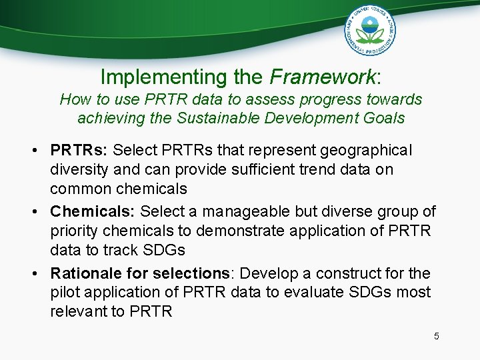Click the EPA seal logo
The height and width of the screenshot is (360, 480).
pyautogui.click(x=369, y=31)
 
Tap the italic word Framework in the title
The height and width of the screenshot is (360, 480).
pyautogui.click(x=323, y=77)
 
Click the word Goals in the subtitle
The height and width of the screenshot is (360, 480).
pyautogui.click(x=382, y=118)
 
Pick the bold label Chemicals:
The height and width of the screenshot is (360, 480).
pyautogui.click(x=93, y=212)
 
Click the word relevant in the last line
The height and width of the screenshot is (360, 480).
pyautogui.click(x=78, y=311)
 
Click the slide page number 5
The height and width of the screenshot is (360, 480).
pyautogui.click(x=437, y=336)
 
